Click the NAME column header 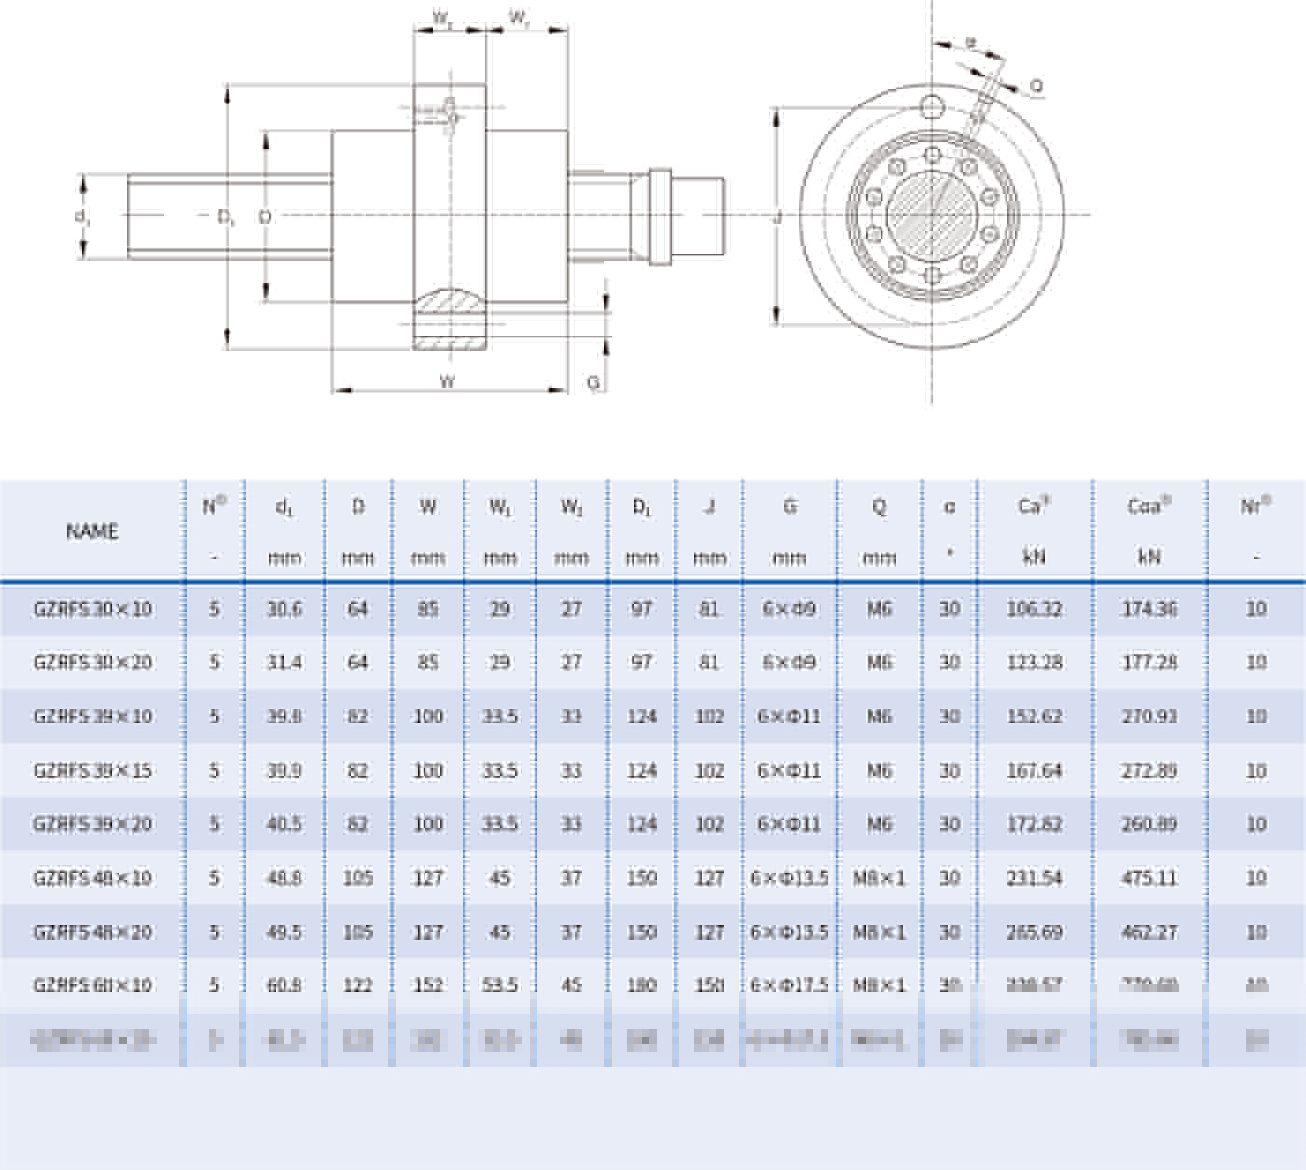tap(92, 531)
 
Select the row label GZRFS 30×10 tap(92, 610)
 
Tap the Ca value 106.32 tap(1035, 610)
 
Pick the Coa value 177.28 tap(1149, 663)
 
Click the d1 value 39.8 tap(285, 717)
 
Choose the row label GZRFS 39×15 tap(92, 771)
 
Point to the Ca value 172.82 tap(1035, 824)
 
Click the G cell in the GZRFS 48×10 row tap(789, 878)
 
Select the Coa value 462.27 tap(1149, 932)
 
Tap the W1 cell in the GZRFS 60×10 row tap(500, 985)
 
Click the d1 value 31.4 tap(285, 663)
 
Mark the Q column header tap(879, 507)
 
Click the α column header tap(950, 507)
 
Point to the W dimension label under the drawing tap(448, 381)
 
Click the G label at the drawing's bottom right tap(593, 383)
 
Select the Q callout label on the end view tap(1036, 87)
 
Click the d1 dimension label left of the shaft tap(82, 216)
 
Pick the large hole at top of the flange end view tap(932, 107)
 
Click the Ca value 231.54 tap(1035, 878)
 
